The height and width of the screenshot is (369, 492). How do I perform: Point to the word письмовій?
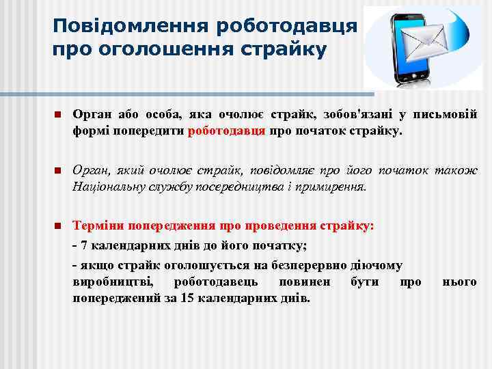click(449, 113)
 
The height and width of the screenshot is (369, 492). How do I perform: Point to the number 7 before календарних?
click(83, 246)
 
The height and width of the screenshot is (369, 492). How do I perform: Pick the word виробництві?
click(113, 282)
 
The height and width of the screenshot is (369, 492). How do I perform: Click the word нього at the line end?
click(459, 282)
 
